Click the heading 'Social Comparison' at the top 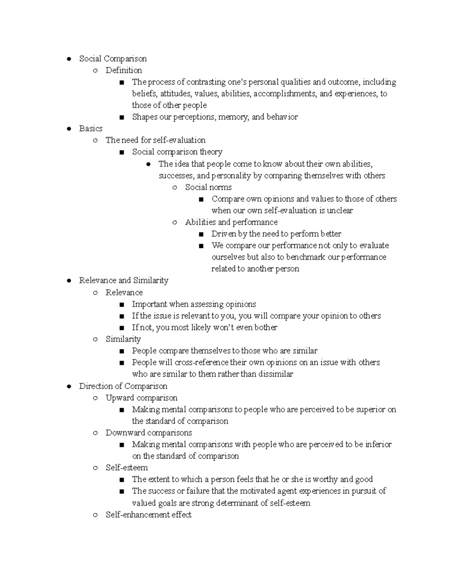[x=112, y=59]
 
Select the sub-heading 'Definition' [x=123, y=70]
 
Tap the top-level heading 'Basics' [x=91, y=129]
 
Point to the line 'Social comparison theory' [x=177, y=152]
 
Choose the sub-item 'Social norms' [x=208, y=187]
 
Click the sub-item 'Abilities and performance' [x=231, y=222]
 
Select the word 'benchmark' [x=306, y=257]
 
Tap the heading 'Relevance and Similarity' [x=123, y=280]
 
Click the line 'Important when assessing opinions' [x=194, y=304]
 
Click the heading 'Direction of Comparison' [x=123, y=386]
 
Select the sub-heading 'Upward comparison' [x=141, y=398]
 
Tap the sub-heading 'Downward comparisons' [x=148, y=433]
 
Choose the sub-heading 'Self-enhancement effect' [x=148, y=515]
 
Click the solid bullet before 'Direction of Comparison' [x=69, y=386]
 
